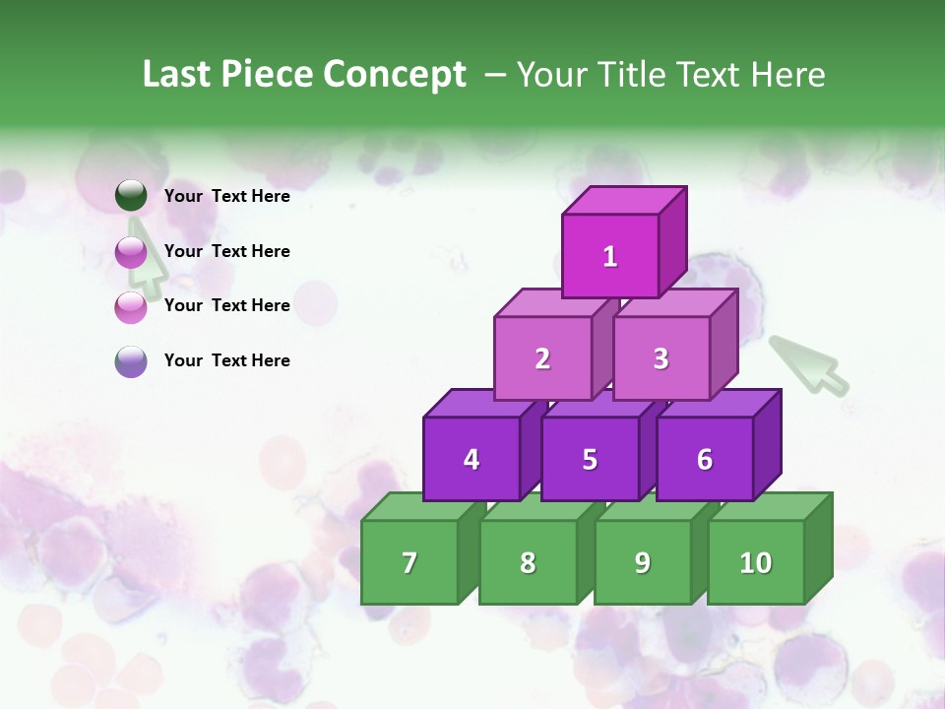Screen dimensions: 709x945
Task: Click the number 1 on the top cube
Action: coord(610,257)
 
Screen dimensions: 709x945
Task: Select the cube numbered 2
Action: coord(542,359)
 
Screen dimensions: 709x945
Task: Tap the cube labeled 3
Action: coord(661,359)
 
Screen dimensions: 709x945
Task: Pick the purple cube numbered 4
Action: coord(472,460)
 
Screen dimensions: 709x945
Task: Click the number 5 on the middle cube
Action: coord(590,460)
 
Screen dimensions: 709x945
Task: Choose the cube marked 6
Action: coord(705,460)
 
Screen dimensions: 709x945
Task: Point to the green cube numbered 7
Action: coord(409,563)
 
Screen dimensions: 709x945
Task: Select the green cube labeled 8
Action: coord(528,563)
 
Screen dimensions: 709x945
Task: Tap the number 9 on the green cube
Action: coord(643,563)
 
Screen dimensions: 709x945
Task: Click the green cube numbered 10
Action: coord(756,563)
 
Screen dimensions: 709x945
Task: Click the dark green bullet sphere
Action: coord(131,196)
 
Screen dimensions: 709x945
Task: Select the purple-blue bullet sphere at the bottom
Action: coord(131,361)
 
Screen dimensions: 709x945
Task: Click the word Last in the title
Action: coord(177,75)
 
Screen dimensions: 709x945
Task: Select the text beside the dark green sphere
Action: coord(226,196)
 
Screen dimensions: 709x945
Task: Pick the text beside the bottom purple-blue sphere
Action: coord(226,360)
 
